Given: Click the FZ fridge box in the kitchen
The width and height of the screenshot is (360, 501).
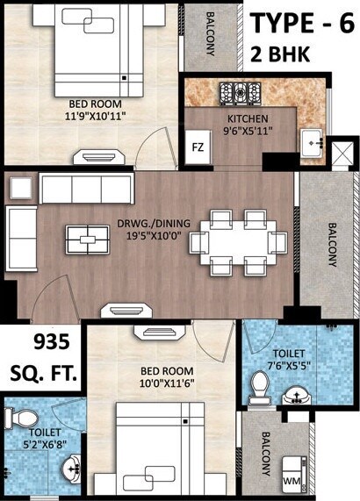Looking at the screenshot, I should click(x=198, y=147).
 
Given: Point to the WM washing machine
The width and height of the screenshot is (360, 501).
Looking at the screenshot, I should click(x=292, y=482).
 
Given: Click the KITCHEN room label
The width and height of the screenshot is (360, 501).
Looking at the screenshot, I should click(x=246, y=120).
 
